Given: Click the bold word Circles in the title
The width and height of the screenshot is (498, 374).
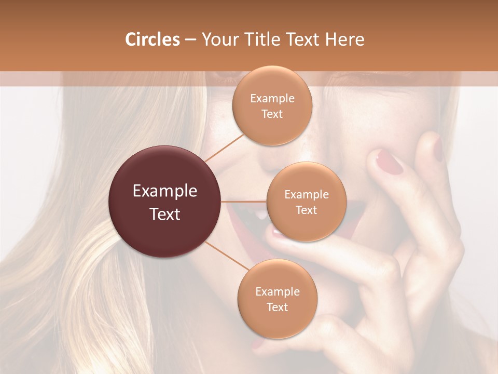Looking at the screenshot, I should pos(152,39).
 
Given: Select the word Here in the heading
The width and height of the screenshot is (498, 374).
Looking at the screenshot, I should pos(345,39).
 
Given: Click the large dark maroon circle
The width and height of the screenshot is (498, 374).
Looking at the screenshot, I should pos(164,202).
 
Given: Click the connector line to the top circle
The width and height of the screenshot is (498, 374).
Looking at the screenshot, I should pos(224,147).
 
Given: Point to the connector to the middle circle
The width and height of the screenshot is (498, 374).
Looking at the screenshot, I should pos(244,201).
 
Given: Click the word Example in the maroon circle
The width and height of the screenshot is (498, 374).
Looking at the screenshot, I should pos(164,191).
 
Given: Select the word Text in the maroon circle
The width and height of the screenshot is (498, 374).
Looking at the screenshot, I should pos(164,214).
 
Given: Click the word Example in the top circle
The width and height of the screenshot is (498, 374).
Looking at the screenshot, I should pos(272,99).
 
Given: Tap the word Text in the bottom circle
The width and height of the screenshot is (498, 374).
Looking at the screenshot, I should pos(277,307).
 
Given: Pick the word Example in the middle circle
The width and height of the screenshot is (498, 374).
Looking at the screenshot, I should pos(306,195).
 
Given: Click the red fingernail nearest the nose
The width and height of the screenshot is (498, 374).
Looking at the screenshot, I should pos(389,162).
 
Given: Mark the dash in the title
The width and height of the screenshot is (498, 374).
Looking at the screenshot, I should pos(190,39).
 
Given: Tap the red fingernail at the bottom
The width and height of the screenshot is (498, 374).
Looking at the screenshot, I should pos(258,343).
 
